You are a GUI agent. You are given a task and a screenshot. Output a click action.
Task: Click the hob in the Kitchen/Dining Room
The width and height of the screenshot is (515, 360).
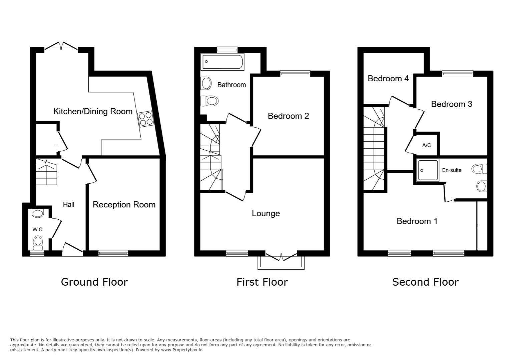click(x=146, y=119)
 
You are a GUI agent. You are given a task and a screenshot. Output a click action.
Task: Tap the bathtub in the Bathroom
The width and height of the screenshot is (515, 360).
click(x=222, y=62)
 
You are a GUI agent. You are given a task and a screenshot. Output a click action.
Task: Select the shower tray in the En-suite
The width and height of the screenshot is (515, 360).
click(x=428, y=170)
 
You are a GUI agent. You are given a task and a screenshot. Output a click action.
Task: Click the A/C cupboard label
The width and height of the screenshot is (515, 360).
click(x=427, y=145)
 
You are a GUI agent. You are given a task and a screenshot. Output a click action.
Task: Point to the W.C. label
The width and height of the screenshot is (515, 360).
click(x=38, y=229)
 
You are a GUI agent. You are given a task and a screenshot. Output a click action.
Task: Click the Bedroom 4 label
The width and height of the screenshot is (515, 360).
click(x=388, y=79)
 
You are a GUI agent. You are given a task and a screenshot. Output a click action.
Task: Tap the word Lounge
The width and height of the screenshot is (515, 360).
click(x=266, y=213)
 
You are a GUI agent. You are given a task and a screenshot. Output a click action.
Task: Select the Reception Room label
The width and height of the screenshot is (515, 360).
click(x=124, y=205)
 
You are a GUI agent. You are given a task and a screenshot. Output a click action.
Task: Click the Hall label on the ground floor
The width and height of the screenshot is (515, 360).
click(x=68, y=204)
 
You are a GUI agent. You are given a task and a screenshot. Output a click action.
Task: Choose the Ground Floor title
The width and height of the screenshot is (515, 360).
click(x=94, y=282)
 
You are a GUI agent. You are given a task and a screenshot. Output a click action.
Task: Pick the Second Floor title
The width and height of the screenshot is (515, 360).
click(x=425, y=282)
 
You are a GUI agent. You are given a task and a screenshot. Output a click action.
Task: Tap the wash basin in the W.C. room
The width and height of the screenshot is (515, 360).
click(x=37, y=213)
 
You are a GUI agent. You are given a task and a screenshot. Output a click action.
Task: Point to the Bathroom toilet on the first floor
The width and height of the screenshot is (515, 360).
click(x=209, y=101)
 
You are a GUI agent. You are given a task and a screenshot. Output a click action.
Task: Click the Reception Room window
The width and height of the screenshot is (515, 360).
click(x=113, y=253)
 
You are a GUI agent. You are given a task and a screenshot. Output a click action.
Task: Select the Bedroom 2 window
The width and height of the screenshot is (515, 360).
click(x=295, y=74)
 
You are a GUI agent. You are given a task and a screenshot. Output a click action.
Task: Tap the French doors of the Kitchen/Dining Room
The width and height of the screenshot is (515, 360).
click(x=61, y=46)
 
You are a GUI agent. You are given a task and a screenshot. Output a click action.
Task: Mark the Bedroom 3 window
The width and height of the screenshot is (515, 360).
click(x=458, y=74)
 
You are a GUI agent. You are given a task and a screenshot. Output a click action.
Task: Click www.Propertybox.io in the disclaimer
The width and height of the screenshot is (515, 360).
click(x=182, y=350)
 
